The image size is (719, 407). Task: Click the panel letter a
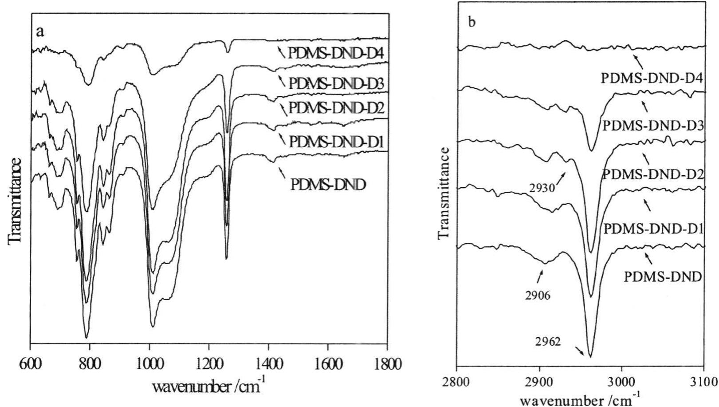pyautogui.click(x=41, y=32)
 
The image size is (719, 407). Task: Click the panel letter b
pyautogui.click(x=472, y=23)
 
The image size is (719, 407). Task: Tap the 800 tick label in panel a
pyautogui.click(x=90, y=364)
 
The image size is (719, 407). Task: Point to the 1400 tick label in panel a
pyautogui.click(x=268, y=364)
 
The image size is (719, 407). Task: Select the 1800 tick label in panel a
pyautogui.click(x=387, y=364)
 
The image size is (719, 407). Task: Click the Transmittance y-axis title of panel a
pyautogui.click(x=15, y=200)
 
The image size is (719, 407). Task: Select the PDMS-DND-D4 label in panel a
pyautogui.click(x=335, y=53)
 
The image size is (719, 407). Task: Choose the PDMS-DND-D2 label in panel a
pyautogui.click(x=336, y=108)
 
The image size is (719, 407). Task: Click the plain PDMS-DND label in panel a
pyautogui.click(x=328, y=184)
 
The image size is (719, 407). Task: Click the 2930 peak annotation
pyautogui.click(x=542, y=188)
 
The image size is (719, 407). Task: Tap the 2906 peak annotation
pyautogui.click(x=538, y=296)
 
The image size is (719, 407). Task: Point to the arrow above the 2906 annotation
pyautogui.click(x=540, y=277)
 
